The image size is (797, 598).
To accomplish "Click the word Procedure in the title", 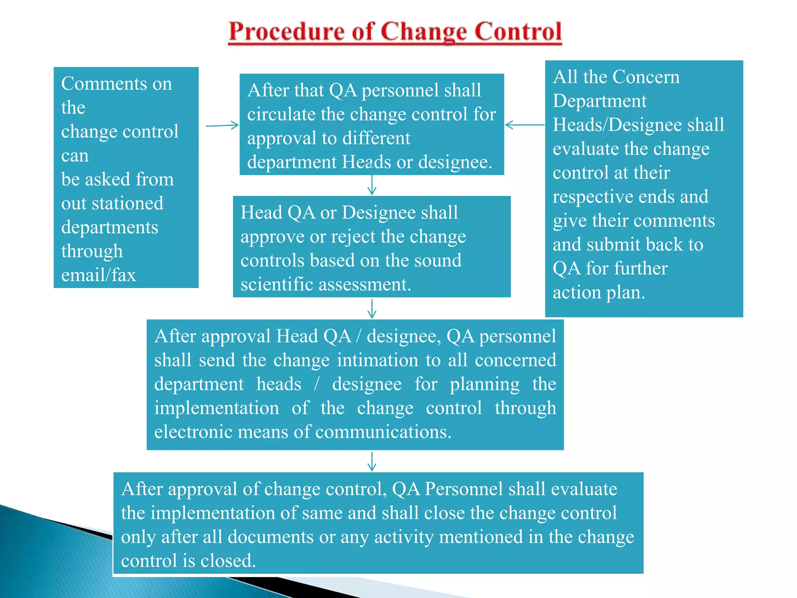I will (x=286, y=32).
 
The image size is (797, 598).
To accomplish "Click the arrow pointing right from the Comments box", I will (x=222, y=125).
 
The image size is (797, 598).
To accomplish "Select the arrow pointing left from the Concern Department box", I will (x=525, y=125).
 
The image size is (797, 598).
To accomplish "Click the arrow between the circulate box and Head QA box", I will (x=372, y=185).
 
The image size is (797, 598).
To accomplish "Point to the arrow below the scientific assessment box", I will (x=372, y=309).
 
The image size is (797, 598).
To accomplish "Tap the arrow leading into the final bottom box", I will (x=372, y=462).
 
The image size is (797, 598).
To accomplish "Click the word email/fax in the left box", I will (x=98, y=275).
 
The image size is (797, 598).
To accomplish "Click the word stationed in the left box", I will (x=128, y=204).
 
